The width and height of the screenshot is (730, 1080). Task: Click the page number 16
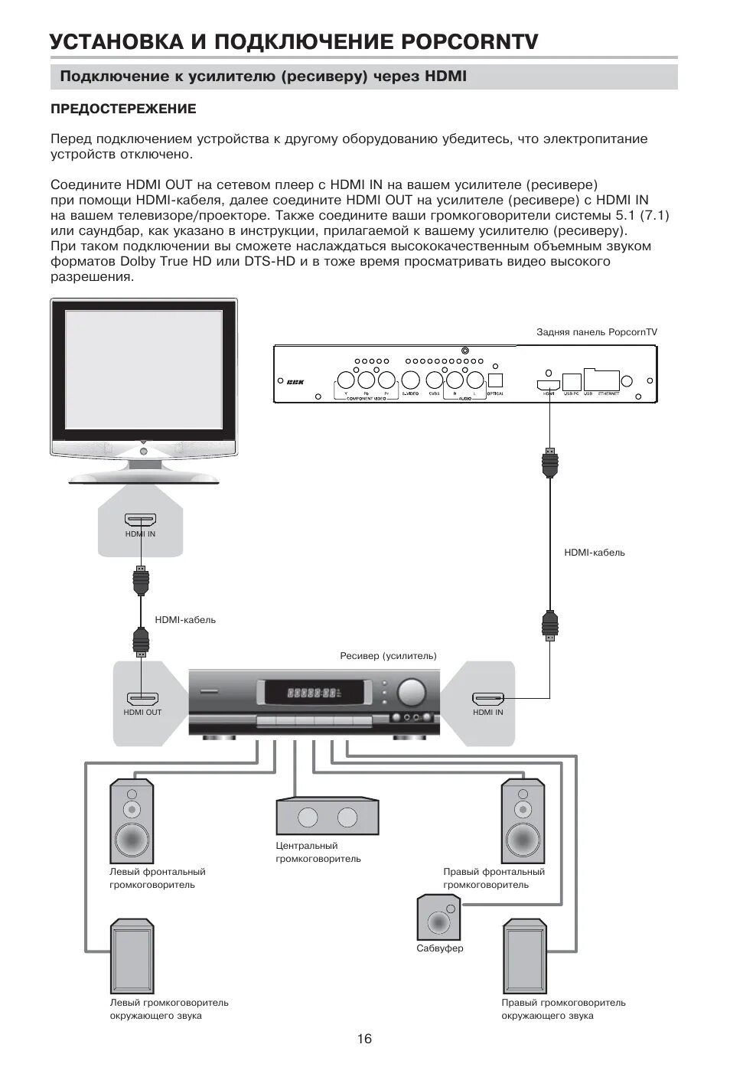364,1039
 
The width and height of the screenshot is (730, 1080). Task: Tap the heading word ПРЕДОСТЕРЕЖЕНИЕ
123,109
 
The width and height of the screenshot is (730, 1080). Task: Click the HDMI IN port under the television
141,520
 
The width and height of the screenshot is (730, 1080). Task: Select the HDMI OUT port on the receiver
142,698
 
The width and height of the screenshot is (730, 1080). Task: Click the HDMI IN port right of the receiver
488,698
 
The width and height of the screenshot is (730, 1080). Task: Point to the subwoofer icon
438,917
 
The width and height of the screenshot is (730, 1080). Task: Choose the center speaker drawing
328,816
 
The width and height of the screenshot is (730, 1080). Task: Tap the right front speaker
523,820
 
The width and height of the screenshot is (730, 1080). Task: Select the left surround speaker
133,957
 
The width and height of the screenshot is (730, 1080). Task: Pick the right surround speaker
524,957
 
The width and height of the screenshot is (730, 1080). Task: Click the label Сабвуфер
440,948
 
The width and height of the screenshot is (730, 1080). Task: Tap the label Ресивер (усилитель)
388,656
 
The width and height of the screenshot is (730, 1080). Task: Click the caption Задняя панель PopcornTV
597,332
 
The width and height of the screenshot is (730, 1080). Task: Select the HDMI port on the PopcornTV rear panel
548,383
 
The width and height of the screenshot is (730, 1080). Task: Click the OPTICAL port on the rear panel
494,380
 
